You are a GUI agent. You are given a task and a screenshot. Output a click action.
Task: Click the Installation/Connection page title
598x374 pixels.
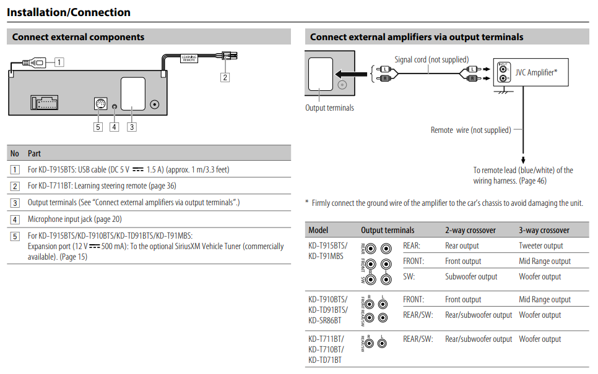pos(69,12)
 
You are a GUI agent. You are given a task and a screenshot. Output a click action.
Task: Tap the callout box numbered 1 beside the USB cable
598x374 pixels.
pos(59,62)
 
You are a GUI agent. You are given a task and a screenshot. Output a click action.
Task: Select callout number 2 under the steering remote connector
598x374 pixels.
pos(225,77)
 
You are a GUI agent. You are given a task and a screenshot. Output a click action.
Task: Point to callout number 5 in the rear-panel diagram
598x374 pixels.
pos(98,127)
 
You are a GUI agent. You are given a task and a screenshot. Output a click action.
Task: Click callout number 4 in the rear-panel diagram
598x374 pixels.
pos(115,127)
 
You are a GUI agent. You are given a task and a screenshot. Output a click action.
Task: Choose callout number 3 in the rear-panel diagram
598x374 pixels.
pos(132,127)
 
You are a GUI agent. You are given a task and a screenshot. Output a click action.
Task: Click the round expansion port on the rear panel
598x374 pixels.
pos(99,104)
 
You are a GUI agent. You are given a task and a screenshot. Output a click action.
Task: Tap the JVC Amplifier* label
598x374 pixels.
pos(536,72)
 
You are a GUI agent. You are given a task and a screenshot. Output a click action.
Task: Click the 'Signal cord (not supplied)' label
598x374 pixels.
pos(431,59)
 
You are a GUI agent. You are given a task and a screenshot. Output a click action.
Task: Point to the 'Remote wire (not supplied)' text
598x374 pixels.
pos(470,130)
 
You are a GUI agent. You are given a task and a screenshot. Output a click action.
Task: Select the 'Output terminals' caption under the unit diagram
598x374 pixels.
pos(329,108)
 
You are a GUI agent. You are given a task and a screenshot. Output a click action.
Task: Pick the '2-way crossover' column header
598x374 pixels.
pos(470,230)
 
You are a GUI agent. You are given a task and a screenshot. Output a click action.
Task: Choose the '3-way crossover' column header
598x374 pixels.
pos(544,230)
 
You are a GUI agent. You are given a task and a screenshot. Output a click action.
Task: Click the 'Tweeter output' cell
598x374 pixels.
pos(541,245)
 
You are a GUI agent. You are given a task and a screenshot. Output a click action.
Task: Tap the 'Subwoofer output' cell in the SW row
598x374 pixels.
pos(471,276)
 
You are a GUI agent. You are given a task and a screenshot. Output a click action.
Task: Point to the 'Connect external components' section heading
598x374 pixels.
pos(78,37)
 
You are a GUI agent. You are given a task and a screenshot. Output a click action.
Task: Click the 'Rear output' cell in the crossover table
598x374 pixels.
pos(462,245)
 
